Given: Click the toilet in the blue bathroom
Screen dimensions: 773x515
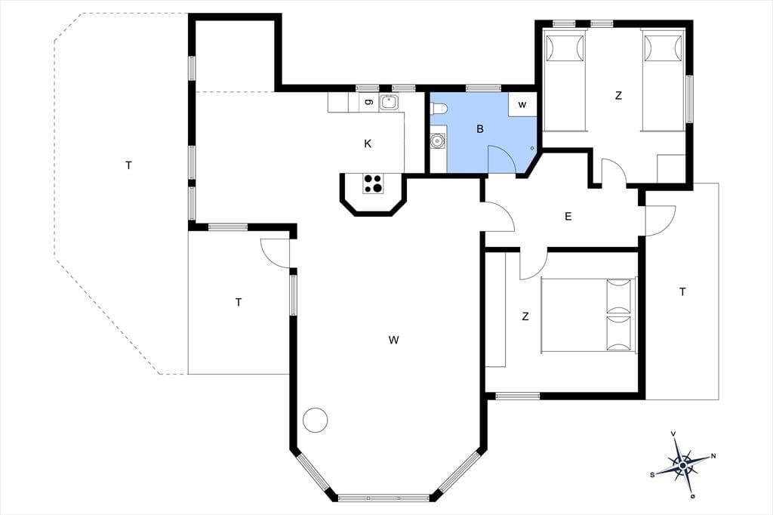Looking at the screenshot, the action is pyautogui.click(x=439, y=108).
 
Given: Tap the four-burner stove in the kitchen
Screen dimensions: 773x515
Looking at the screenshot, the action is pyautogui.click(x=373, y=183).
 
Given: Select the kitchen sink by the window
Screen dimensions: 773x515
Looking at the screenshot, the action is pyautogui.click(x=389, y=103).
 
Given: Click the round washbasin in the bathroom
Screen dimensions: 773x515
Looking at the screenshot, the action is pyautogui.click(x=437, y=141).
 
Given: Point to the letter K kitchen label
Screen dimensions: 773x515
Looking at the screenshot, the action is pyautogui.click(x=368, y=143).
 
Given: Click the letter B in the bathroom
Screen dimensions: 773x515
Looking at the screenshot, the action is pyautogui.click(x=479, y=128).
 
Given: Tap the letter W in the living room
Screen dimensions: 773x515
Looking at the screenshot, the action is pyautogui.click(x=393, y=339).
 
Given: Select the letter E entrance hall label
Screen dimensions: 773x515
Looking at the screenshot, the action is pyautogui.click(x=568, y=216).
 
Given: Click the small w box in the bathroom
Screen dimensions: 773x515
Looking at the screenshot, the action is pyautogui.click(x=522, y=104).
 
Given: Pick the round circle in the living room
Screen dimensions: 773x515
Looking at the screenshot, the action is pyautogui.click(x=315, y=421).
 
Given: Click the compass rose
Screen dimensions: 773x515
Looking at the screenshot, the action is pyautogui.click(x=682, y=464).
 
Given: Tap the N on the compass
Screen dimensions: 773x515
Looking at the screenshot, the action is pyautogui.click(x=713, y=456).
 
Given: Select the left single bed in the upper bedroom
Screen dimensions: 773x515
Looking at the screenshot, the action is pyautogui.click(x=565, y=80).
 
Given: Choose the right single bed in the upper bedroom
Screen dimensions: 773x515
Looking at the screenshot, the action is pyautogui.click(x=663, y=80).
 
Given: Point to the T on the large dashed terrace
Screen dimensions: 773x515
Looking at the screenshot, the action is pyautogui.click(x=128, y=165).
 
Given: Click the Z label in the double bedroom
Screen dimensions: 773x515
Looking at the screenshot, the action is pyautogui.click(x=525, y=316).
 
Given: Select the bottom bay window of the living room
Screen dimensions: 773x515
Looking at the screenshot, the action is pyautogui.click(x=384, y=498).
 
